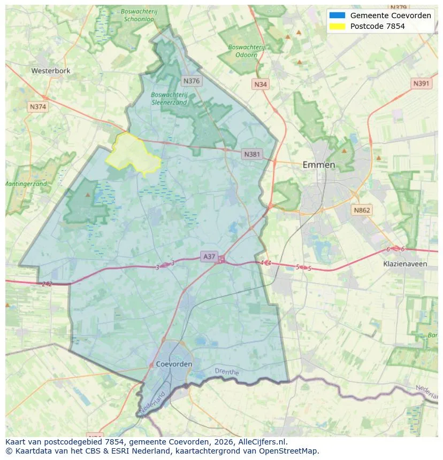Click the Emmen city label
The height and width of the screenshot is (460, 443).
319,165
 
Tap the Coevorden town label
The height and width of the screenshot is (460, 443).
174,364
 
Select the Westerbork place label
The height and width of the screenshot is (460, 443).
51,71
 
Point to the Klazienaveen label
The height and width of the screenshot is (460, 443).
405,264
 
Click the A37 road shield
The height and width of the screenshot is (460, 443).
209,257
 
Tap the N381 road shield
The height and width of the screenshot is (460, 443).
252,154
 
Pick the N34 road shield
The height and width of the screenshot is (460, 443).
261,84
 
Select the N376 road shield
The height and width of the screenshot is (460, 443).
191,81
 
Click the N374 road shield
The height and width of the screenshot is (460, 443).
38,107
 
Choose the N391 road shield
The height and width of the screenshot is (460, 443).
422,84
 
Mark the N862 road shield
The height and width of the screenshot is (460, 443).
362,210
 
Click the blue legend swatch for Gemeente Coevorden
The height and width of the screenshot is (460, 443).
338,15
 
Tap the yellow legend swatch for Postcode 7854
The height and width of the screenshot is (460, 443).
338,26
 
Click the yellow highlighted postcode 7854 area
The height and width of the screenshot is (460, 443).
131,152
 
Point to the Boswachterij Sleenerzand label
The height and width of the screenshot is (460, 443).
169,98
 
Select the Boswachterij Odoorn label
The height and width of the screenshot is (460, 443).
246,51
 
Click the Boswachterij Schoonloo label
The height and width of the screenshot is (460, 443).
139,14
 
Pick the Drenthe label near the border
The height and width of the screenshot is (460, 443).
226,371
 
